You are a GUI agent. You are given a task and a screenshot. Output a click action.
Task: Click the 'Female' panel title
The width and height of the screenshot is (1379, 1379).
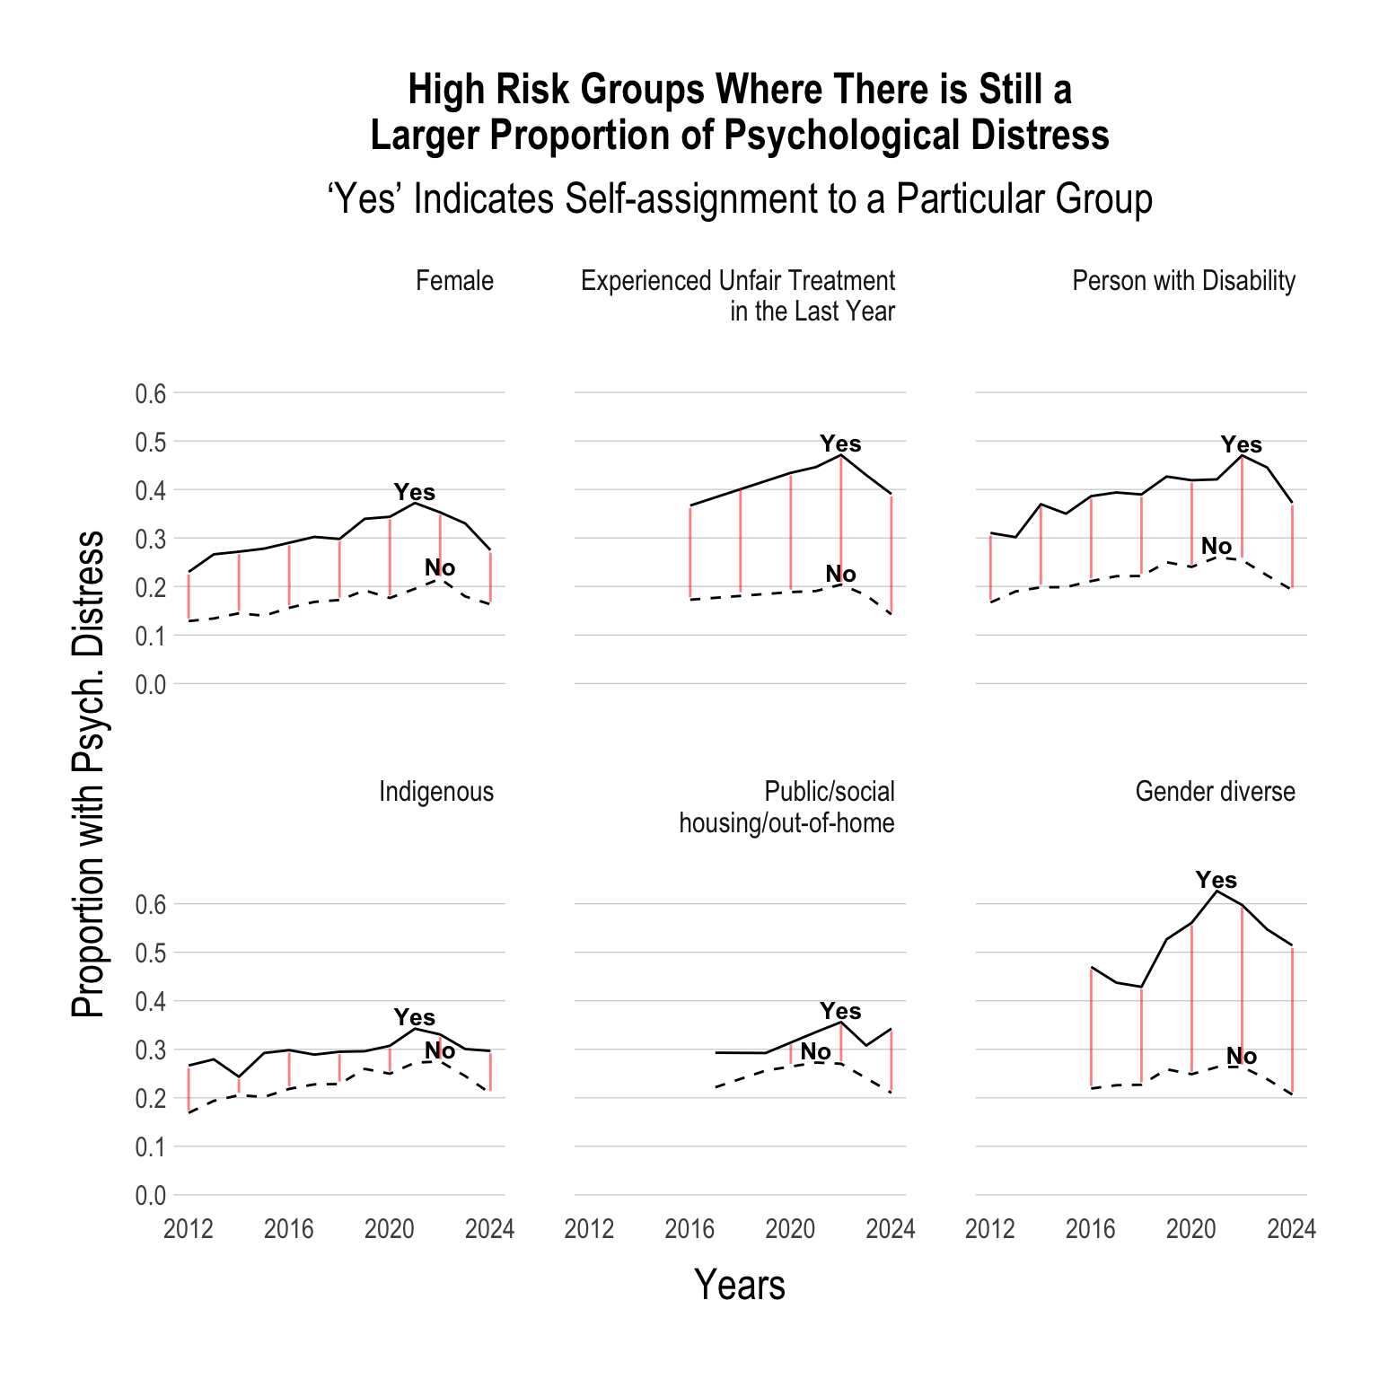pos(454,281)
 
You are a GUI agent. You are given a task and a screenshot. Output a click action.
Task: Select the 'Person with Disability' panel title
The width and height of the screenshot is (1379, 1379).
pos(1183,281)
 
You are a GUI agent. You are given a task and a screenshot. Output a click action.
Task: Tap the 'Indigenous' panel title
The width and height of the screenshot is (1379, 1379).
pos(436,792)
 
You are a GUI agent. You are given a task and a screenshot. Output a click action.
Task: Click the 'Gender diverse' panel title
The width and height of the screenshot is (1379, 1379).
pos(1215,792)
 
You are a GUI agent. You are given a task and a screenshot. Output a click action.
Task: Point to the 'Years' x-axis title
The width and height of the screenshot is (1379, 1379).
pos(740,1285)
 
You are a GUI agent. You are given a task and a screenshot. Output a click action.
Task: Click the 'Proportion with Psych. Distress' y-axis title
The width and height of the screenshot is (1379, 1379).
pos(88,773)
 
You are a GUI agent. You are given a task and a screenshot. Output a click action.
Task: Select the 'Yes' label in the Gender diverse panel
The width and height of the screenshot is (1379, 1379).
pos(1216,880)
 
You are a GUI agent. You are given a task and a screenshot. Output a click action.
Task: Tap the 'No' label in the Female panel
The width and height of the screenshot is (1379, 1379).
pos(440,567)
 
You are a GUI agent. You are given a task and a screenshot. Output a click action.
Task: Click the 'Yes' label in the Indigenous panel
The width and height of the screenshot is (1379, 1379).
pos(414,1017)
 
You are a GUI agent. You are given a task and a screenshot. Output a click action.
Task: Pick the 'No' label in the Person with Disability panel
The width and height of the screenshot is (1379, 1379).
pos(1217,546)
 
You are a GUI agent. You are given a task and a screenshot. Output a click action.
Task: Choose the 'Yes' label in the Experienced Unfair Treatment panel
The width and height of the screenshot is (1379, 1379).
pos(840,444)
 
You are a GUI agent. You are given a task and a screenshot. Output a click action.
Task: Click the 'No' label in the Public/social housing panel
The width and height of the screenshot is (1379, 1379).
pos(815,1050)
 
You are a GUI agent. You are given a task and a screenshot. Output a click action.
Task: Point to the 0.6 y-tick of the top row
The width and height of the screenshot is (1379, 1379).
pos(151,393)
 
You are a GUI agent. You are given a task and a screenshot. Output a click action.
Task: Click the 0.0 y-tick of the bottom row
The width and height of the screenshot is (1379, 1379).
pos(151,1195)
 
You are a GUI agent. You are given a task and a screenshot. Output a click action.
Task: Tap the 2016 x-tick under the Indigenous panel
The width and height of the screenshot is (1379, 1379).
pos(289,1228)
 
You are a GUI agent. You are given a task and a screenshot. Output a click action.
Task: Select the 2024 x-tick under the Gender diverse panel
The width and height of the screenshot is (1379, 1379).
pos(1291,1228)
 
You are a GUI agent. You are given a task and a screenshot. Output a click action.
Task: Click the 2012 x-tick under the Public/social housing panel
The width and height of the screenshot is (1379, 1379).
pos(589,1228)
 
